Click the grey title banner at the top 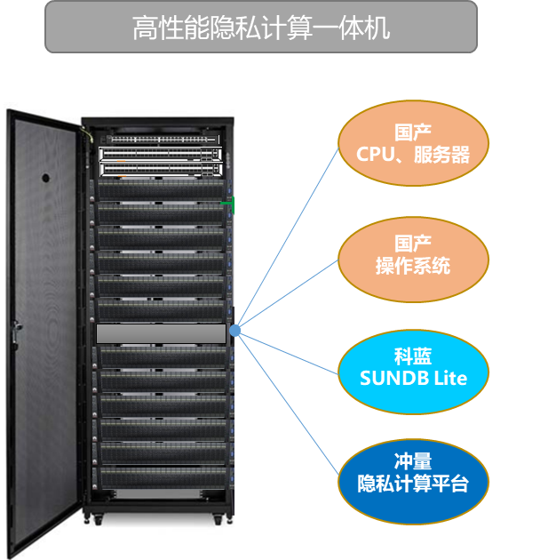pyautogui.click(x=261, y=28)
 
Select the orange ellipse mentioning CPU pyautogui.click(x=413, y=145)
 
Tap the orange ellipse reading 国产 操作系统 pyautogui.click(x=413, y=255)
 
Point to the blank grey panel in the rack pyautogui.click(x=161, y=333)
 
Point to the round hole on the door pyautogui.click(x=45, y=177)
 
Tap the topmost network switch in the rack pyautogui.click(x=161, y=140)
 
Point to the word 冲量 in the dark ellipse pyautogui.click(x=413, y=462)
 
